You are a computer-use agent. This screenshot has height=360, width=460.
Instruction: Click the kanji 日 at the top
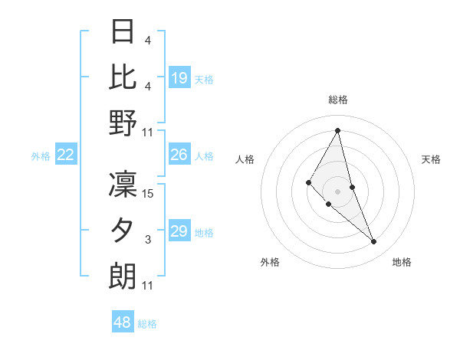click(x=123, y=31)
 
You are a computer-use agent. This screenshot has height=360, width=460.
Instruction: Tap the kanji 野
click(x=123, y=123)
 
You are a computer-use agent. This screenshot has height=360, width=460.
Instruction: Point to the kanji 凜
click(x=123, y=184)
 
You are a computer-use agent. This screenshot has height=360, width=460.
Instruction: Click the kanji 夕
click(x=123, y=230)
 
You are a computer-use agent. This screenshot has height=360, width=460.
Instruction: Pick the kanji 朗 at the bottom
click(x=123, y=276)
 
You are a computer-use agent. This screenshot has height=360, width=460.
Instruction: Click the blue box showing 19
click(x=179, y=77)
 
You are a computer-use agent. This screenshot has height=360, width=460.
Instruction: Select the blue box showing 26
click(x=179, y=155)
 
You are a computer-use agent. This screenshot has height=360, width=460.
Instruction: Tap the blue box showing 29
click(x=179, y=231)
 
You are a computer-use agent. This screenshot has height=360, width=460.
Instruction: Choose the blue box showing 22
click(x=66, y=155)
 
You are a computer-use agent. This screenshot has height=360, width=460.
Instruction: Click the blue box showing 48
click(x=123, y=322)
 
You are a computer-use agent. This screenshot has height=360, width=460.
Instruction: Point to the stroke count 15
click(x=148, y=193)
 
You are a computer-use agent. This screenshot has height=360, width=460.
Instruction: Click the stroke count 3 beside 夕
click(x=148, y=240)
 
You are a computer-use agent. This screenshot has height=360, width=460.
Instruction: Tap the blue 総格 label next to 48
click(x=147, y=324)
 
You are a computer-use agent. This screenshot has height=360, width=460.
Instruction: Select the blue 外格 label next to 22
click(x=41, y=156)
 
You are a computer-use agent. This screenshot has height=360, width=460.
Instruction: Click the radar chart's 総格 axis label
click(x=338, y=100)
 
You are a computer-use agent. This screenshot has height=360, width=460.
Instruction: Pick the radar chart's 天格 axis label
click(x=431, y=159)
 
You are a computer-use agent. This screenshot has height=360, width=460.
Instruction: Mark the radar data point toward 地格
click(x=373, y=241)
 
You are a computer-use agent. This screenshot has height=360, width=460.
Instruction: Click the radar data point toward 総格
click(x=338, y=130)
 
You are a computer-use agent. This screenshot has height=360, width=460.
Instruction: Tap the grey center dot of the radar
click(x=338, y=191)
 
